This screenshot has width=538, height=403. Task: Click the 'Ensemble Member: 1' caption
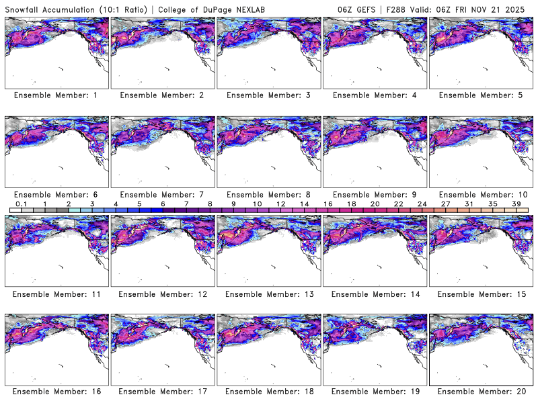pyautogui.click(x=56, y=95)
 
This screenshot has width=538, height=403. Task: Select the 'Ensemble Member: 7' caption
pyautogui.click(x=162, y=194)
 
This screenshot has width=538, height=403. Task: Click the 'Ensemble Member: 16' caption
pyautogui.click(x=56, y=391)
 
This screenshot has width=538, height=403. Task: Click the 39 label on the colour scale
pyautogui.click(x=516, y=203)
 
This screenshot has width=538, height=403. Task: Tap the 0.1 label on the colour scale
pyautogui.click(x=22, y=203)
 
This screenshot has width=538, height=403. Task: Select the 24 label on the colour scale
pyautogui.click(x=422, y=203)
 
